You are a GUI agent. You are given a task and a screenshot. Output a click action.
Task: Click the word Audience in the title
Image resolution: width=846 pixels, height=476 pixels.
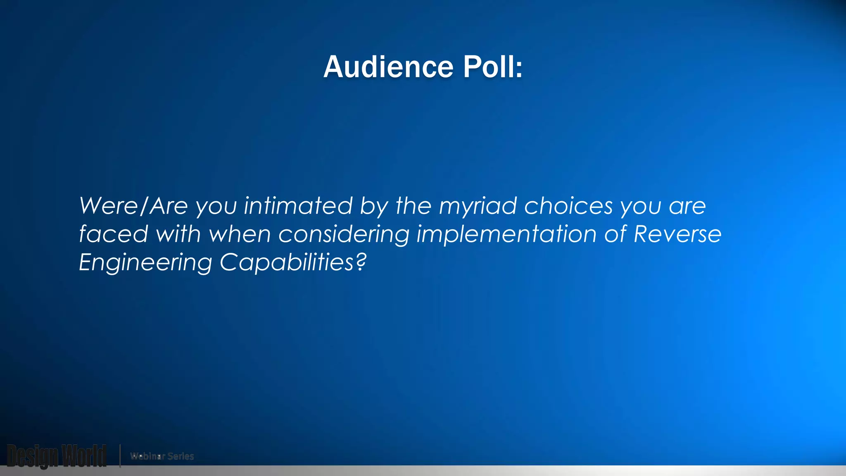point(388,67)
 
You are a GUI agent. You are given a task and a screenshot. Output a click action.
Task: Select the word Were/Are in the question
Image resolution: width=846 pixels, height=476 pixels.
point(133,206)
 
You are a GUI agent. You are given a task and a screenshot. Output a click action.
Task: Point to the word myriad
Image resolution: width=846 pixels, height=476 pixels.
point(478,206)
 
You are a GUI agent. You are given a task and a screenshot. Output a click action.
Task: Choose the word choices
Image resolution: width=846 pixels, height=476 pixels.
point(568,206)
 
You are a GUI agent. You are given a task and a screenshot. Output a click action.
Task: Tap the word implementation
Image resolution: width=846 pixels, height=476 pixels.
point(506,234)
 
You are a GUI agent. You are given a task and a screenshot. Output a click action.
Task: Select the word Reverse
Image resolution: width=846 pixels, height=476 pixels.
point(677,234)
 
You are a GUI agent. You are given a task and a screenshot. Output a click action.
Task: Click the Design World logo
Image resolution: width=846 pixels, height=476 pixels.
point(57,456)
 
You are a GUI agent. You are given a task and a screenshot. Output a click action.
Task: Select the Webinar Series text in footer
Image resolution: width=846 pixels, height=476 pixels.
point(162,456)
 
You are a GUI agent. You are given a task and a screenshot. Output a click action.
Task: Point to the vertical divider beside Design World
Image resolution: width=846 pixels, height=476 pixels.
point(120,456)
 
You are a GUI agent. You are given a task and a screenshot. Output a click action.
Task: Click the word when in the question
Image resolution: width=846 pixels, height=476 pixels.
point(240,234)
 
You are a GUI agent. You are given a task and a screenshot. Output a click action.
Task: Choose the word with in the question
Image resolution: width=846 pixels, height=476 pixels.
point(178,234)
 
